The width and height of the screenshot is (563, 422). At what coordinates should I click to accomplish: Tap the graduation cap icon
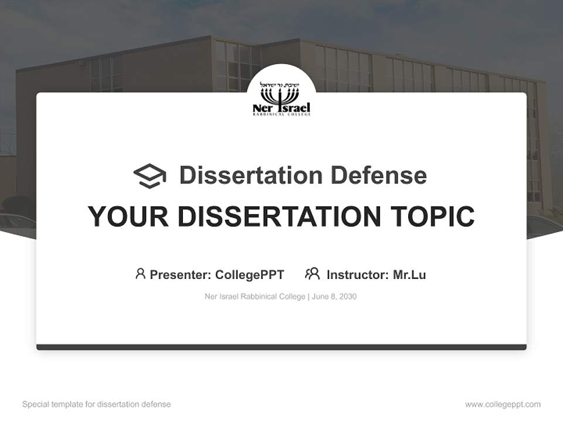point(150,175)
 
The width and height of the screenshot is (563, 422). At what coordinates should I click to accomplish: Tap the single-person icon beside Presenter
point(140,274)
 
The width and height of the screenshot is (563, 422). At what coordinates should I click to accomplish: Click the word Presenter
point(179,274)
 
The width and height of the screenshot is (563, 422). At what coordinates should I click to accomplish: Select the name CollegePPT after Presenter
point(249,274)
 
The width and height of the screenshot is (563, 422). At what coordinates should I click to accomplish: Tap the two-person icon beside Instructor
point(312,274)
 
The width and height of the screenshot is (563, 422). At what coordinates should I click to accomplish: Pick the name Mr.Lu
point(409,274)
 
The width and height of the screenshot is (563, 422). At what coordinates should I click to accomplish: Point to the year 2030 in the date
point(347,297)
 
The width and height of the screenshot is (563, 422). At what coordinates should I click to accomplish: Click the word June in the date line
point(321,297)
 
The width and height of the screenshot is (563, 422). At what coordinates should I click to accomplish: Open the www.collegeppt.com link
point(503,404)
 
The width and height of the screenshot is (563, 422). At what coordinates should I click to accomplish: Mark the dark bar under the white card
point(281,347)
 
